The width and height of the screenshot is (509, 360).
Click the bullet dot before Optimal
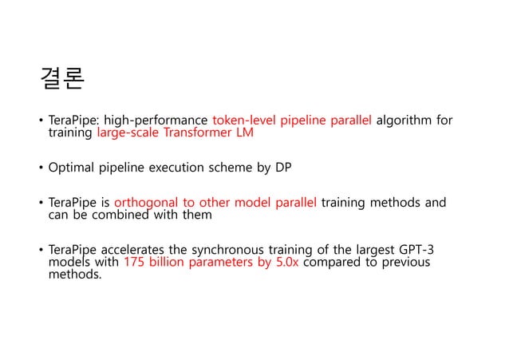[x=41, y=168]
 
